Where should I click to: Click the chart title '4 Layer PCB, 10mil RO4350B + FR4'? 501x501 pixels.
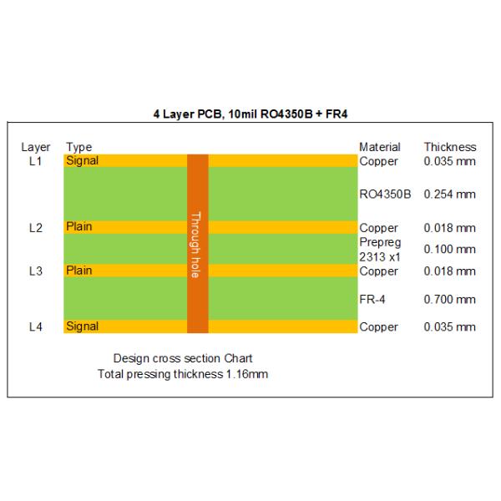click(x=250, y=114)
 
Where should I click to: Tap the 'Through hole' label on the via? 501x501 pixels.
click(x=195, y=245)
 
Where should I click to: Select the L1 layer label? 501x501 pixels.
click(x=35, y=161)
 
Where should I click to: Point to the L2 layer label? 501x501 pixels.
click(x=35, y=228)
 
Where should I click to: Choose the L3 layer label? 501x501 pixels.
click(x=35, y=271)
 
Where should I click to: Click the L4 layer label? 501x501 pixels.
click(x=35, y=326)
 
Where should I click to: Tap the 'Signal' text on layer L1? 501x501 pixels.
click(x=82, y=160)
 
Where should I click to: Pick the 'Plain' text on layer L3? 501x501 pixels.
click(x=79, y=271)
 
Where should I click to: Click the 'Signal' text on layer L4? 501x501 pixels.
click(x=82, y=326)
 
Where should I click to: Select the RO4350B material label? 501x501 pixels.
click(x=385, y=194)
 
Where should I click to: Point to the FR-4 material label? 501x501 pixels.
click(x=372, y=300)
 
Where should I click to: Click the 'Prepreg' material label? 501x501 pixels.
click(x=380, y=242)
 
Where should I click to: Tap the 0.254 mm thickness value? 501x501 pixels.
click(x=449, y=194)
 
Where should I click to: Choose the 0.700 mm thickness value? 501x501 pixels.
click(x=449, y=300)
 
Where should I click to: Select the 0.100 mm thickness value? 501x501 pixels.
click(x=449, y=249)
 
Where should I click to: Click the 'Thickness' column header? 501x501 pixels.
click(x=450, y=147)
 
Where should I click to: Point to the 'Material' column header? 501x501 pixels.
click(x=380, y=147)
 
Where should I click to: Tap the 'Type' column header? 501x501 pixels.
click(x=79, y=147)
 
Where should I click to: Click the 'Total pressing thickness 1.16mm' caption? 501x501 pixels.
click(x=183, y=374)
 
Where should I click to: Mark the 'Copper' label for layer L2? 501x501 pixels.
click(x=378, y=228)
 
